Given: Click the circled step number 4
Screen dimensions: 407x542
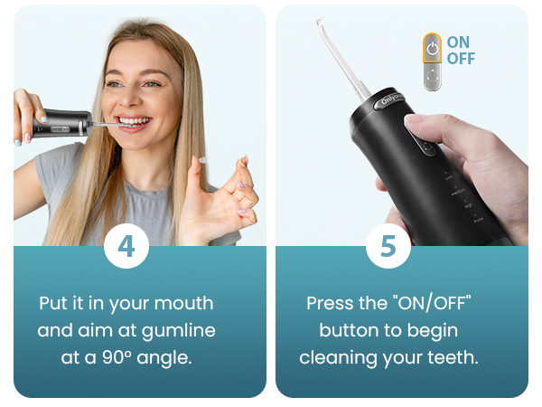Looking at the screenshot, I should point(126,247).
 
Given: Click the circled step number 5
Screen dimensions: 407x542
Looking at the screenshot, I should point(388,247).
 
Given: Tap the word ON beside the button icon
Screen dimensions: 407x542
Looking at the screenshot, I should point(458,43).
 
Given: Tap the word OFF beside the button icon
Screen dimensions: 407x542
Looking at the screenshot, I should point(461,59).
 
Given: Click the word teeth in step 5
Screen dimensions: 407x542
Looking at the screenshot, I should point(453,357).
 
